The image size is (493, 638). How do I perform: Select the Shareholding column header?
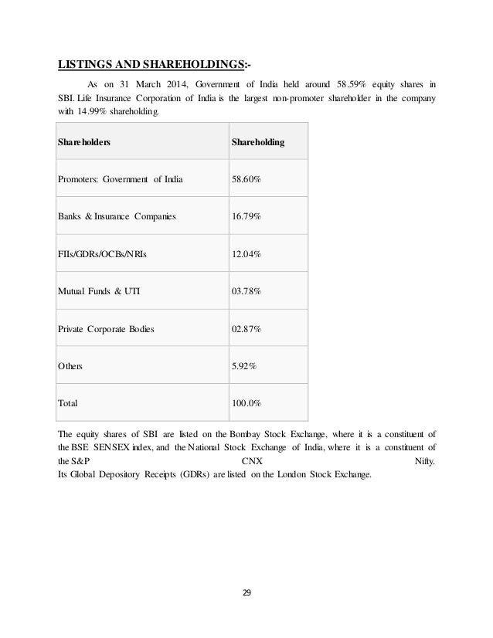(258, 144)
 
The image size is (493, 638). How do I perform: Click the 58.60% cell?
(246, 181)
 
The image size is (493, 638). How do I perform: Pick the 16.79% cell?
(246, 218)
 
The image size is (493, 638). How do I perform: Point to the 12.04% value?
(246, 255)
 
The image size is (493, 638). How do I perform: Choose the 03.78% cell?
(246, 292)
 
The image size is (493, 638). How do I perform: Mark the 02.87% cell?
(246, 329)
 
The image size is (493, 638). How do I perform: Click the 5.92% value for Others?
(244, 366)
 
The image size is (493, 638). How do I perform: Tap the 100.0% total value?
(246, 402)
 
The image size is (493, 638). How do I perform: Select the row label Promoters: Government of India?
(119, 181)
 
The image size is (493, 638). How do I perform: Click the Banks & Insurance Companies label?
(117, 218)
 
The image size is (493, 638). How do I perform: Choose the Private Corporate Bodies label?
(106, 329)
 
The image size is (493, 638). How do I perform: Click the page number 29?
(246, 593)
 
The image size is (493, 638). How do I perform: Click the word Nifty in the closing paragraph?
(424, 461)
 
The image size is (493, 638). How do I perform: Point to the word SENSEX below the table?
(118, 447)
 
